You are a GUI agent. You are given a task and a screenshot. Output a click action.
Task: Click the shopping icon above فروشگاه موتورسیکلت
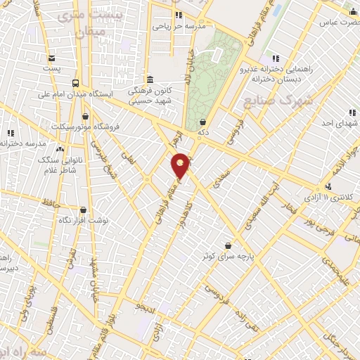(86, 117)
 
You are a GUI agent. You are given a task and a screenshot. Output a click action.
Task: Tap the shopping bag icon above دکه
(202, 121)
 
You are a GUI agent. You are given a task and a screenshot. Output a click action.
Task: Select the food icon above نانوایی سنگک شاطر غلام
(60, 150)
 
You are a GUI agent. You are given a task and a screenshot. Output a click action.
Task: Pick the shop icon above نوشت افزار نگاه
(84, 210)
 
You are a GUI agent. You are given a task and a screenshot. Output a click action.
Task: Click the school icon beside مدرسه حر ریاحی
(179, 15)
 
